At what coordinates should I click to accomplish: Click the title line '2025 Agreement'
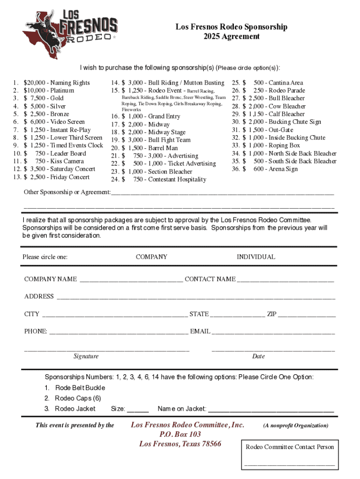click(231, 36)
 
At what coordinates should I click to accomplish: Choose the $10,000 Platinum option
click(49, 90)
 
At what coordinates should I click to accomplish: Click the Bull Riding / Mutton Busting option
click(173, 83)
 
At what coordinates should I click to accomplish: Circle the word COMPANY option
click(151, 257)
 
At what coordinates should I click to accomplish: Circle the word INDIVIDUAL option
click(256, 257)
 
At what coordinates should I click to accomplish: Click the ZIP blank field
click(307, 314)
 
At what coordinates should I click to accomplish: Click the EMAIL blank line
click(273, 331)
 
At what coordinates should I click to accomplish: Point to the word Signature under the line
click(86, 356)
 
